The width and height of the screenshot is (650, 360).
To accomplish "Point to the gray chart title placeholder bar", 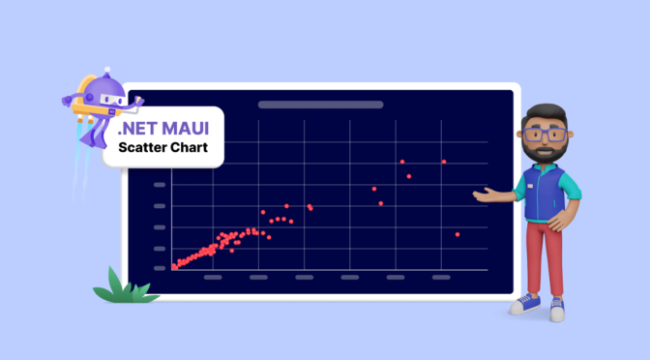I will tap(320, 105).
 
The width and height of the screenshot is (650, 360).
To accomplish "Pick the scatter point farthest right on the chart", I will tap(458, 234).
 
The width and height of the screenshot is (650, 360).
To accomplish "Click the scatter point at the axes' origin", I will tap(173, 267).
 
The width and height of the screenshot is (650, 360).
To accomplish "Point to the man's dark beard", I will tap(546, 153).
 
